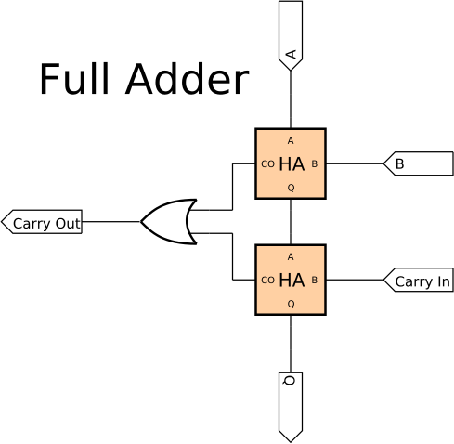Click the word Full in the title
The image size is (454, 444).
74,78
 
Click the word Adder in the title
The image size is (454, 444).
187,78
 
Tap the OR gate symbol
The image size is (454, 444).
169,222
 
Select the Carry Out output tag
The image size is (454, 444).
42,222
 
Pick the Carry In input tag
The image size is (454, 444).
419,280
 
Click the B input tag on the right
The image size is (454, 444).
419,163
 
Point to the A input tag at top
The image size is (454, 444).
291,35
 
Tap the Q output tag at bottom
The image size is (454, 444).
291,407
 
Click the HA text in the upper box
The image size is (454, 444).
292,164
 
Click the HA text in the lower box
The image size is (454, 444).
292,281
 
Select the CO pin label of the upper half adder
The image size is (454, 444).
267,164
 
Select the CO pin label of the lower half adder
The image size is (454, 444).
267,281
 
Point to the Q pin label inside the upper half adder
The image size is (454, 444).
291,188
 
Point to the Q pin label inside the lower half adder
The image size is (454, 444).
291,304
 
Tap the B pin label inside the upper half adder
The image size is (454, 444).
315,163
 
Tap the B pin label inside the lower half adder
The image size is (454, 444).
315,280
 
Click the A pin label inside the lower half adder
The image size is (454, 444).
291,257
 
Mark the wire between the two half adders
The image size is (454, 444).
291,222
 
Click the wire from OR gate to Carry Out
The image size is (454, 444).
111,222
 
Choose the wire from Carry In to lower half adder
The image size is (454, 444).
355,280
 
